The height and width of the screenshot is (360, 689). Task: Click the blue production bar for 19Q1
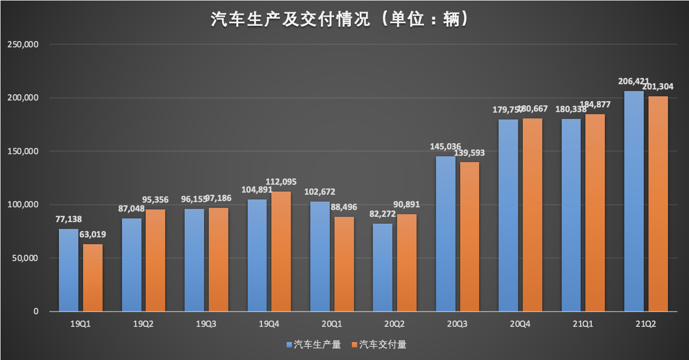(x=68, y=270)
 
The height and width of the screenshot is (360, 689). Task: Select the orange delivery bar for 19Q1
(x=93, y=277)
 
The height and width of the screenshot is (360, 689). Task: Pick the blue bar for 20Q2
(x=382, y=267)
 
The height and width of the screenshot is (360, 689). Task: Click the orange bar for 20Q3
(x=470, y=237)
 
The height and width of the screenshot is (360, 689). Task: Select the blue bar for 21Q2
(x=634, y=201)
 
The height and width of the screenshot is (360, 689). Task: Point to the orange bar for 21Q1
(x=595, y=213)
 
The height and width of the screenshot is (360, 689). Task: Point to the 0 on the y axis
(x=36, y=312)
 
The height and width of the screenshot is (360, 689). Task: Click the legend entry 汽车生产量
(x=313, y=345)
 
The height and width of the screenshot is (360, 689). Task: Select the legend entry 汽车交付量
(x=382, y=345)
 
